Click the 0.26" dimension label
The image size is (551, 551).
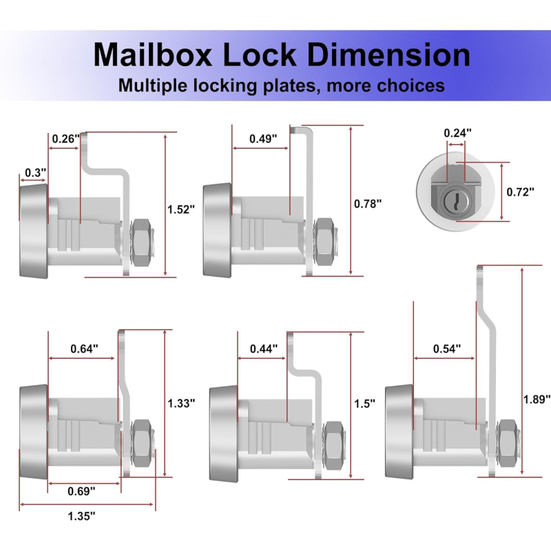pyautogui.click(x=65, y=139)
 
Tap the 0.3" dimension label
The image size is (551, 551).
pyautogui.click(x=36, y=173)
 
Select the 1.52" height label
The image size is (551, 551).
pyautogui.click(x=181, y=209)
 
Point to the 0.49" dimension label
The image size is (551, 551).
pyautogui.click(x=263, y=139)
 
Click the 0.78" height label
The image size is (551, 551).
pyautogui.click(x=368, y=204)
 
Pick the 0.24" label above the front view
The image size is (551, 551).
pyautogui.click(x=457, y=133)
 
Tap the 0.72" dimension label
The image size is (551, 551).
pyautogui.click(x=521, y=192)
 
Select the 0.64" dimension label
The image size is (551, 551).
pyautogui.click(x=84, y=349)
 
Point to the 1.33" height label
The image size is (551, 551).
pyautogui.click(x=181, y=403)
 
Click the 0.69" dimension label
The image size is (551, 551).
pyautogui.click(x=81, y=491)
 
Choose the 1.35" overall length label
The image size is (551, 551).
pyautogui.click(x=81, y=516)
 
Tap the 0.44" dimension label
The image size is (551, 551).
pyautogui.click(x=264, y=349)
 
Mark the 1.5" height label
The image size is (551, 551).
pyautogui.click(x=364, y=404)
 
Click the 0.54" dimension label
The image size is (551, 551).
pyautogui.click(x=447, y=349)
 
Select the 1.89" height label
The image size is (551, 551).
pyautogui.click(x=537, y=399)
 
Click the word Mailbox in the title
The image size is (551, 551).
pyautogui.click(x=153, y=55)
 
